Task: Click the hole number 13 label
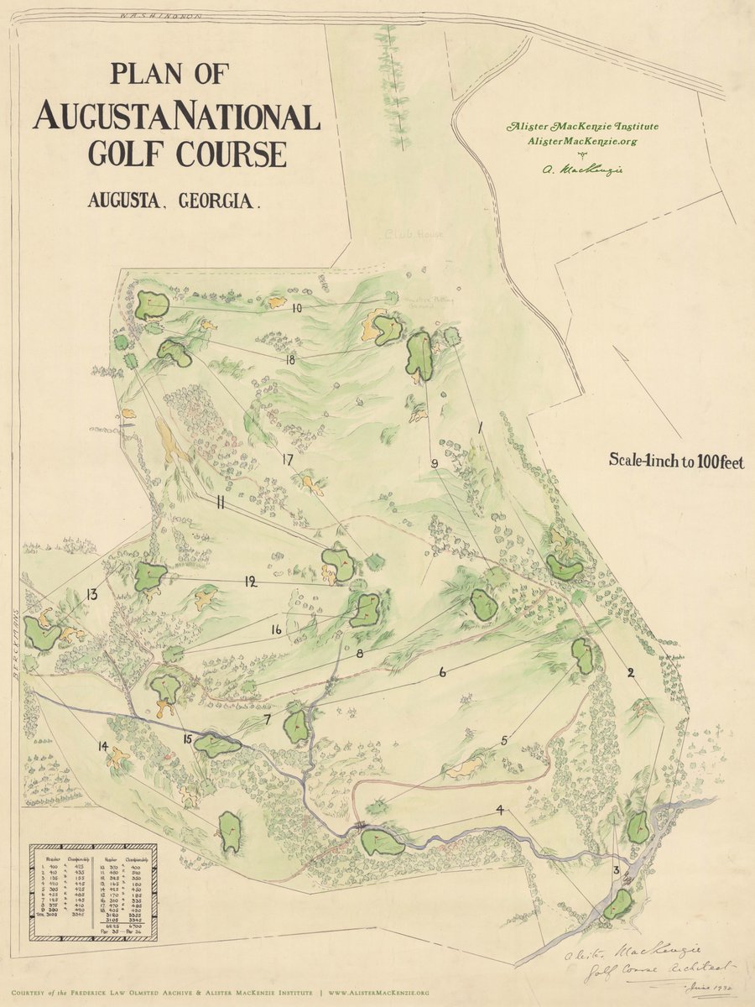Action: [x=91, y=595]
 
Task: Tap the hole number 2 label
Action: [x=631, y=672]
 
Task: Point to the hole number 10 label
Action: [x=297, y=308]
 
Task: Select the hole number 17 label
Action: [x=287, y=459]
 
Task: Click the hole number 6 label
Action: [x=442, y=672]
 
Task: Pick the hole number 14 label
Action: [x=102, y=746]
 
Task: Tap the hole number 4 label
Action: [x=500, y=811]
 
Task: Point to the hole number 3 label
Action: [x=617, y=871]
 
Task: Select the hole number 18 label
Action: [x=290, y=360]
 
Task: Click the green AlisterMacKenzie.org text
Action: [x=582, y=141]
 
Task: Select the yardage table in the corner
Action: [x=94, y=890]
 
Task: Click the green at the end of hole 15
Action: [x=216, y=745]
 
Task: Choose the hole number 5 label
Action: [x=505, y=740]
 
